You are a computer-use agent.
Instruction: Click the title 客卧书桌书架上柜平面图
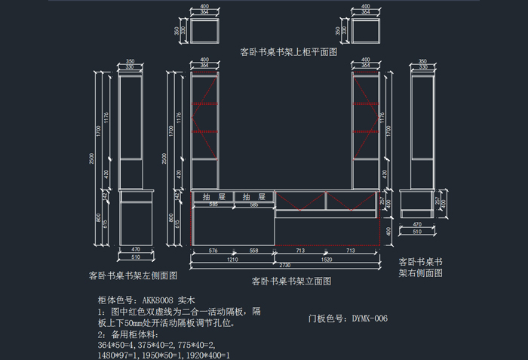click(287, 53)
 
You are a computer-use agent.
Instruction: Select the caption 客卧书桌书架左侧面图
click(133, 275)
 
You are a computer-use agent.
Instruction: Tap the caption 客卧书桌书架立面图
click(291, 281)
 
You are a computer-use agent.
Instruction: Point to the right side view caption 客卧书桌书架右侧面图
click(420, 266)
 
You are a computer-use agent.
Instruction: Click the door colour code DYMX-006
click(370, 318)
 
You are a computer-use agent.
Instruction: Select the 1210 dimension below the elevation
click(233, 259)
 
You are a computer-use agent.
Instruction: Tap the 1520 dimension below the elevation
click(326, 259)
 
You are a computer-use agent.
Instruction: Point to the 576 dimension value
click(213, 250)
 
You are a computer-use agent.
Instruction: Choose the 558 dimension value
click(254, 250)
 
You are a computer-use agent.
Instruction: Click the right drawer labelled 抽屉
click(254, 196)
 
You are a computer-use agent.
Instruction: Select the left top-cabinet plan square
click(204, 31)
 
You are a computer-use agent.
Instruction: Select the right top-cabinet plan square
click(366, 31)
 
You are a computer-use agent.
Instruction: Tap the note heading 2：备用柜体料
click(129, 334)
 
